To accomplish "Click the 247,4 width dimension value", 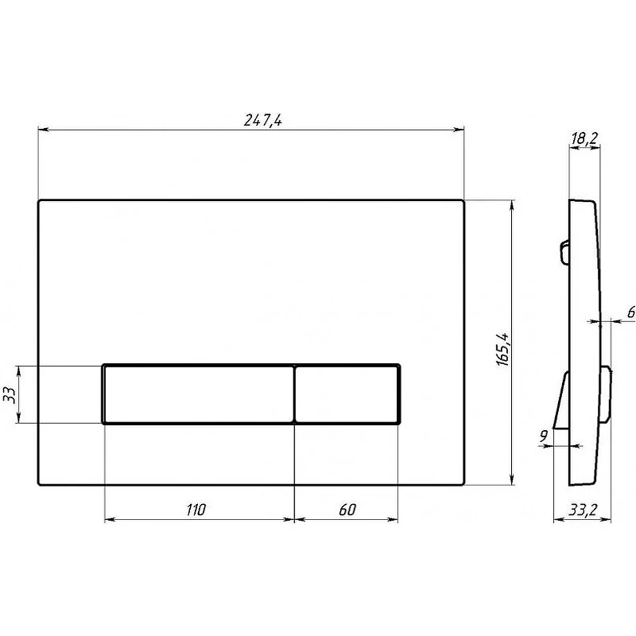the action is [262, 120].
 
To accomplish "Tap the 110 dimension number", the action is [196, 510].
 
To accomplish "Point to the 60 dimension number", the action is [347, 510].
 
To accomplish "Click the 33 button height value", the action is [10, 395].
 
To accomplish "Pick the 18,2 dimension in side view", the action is [584, 138].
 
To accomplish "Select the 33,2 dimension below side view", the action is [583, 510].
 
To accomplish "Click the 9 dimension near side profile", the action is [544, 436].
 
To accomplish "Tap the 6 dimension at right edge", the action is [631, 312].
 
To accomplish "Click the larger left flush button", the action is [199, 394].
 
